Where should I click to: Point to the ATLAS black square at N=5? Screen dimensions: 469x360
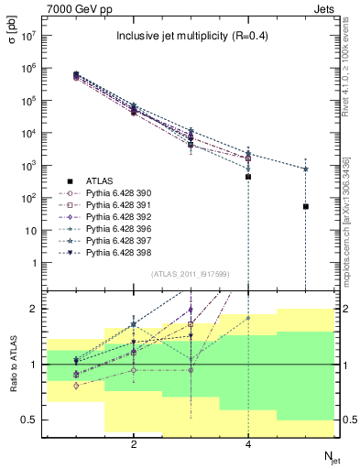point(305,207)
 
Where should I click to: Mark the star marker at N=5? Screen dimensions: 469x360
point(305,169)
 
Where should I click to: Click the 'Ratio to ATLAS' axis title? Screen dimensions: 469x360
point(13,364)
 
